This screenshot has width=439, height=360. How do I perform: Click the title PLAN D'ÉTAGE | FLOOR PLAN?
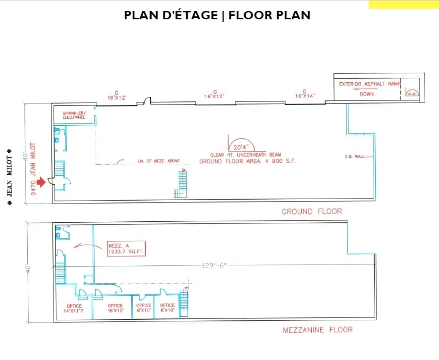(x=217, y=15)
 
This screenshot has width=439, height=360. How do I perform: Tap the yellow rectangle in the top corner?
(x=403, y=4)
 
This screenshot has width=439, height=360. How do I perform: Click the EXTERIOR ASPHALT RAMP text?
(x=369, y=84)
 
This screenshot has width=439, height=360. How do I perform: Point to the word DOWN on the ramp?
(x=367, y=94)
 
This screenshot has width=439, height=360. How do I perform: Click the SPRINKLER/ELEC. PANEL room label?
(x=74, y=115)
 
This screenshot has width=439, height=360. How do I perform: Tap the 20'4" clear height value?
(x=241, y=147)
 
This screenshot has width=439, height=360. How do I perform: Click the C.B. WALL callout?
(x=355, y=156)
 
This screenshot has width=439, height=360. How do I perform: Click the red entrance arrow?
(x=42, y=182)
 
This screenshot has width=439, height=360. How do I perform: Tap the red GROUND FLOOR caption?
(x=312, y=211)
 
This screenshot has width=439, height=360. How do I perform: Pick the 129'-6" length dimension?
(x=214, y=265)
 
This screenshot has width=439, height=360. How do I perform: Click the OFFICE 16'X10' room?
(x=115, y=309)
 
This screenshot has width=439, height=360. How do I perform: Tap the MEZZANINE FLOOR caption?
(x=318, y=329)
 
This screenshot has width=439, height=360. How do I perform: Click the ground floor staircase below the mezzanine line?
(x=181, y=183)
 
